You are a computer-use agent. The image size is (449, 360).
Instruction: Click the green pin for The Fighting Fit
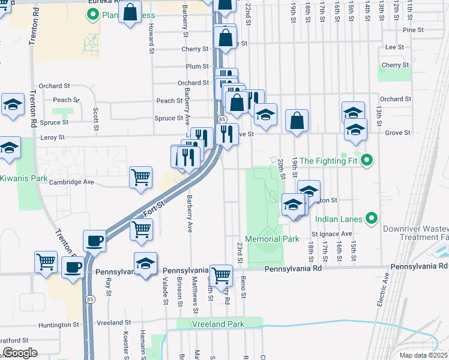[x=369, y=160]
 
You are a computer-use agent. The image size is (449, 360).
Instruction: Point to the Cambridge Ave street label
[x=72, y=182]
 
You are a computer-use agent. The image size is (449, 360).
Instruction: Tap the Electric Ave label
[x=384, y=291]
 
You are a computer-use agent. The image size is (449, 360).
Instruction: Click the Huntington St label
[x=59, y=325]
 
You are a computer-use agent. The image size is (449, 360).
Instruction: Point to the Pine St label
[x=414, y=29]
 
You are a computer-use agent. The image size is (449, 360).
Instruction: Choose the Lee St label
[x=394, y=46]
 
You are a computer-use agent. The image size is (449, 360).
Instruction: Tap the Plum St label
[x=197, y=66]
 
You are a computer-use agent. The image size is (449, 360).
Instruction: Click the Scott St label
[x=95, y=118]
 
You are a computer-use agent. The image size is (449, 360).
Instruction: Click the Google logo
[x=19, y=352]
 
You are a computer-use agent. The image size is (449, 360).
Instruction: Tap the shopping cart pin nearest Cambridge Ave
[x=140, y=177]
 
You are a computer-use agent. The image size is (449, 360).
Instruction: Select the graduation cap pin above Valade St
[x=145, y=264]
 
